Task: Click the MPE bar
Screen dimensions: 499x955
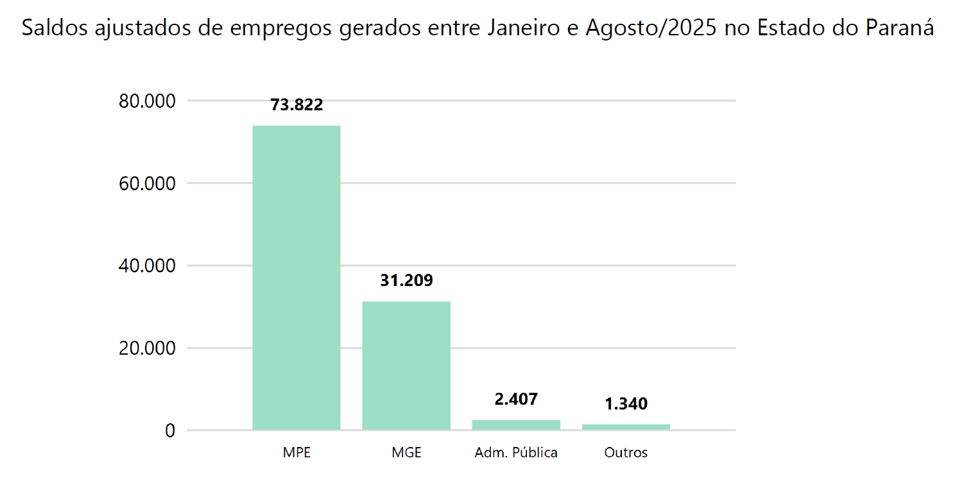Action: click(297, 277)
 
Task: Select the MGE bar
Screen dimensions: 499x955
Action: click(406, 365)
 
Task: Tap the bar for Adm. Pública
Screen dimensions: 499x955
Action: click(516, 425)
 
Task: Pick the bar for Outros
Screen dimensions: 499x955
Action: click(626, 427)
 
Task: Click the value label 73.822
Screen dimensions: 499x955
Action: click(297, 105)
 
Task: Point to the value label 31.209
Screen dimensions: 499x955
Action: click(406, 280)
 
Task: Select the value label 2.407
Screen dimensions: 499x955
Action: click(516, 399)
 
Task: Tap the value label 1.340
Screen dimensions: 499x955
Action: click(626, 404)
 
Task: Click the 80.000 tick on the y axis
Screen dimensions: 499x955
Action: click(148, 101)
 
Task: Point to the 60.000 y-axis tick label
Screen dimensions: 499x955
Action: click(148, 183)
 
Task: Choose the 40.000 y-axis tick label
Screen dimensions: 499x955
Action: click(148, 266)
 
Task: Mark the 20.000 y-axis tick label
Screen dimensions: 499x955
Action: click(148, 348)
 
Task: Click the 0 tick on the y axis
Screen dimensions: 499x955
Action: click(170, 430)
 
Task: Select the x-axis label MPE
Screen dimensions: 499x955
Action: click(297, 452)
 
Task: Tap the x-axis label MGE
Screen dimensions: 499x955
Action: click(406, 452)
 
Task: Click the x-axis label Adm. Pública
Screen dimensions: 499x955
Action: click(516, 452)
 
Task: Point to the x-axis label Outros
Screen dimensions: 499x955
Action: click(626, 452)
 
